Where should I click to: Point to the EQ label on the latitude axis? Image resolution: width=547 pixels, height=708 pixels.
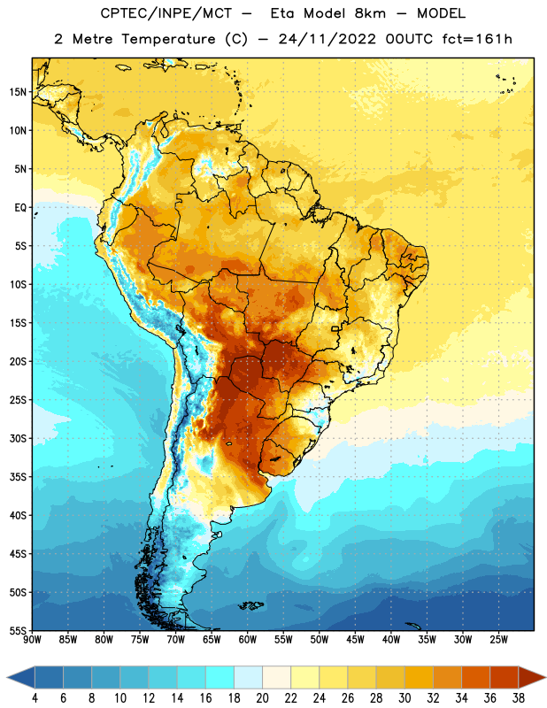coord(20,208)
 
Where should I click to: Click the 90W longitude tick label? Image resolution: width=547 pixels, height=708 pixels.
coord(32,640)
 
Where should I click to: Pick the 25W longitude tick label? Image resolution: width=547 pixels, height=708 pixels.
coord(498,640)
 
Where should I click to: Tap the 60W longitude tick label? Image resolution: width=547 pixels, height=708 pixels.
coord(248,640)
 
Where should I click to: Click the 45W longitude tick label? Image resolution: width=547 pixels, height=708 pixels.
coord(356,640)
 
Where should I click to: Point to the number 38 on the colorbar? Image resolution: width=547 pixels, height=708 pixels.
coord(519,698)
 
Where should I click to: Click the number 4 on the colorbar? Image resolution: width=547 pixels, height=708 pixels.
coord(35,698)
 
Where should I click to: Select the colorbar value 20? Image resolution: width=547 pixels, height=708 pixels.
coord(262,698)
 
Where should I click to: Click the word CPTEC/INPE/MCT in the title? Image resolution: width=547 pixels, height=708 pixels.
coord(166,13)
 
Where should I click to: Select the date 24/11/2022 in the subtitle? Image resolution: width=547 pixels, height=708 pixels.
coord(327,39)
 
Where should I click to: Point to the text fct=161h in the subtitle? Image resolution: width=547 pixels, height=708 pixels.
coord(477,39)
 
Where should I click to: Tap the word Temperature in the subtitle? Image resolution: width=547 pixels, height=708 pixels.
coord(168,39)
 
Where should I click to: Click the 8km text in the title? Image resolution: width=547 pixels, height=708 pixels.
coord(370,13)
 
